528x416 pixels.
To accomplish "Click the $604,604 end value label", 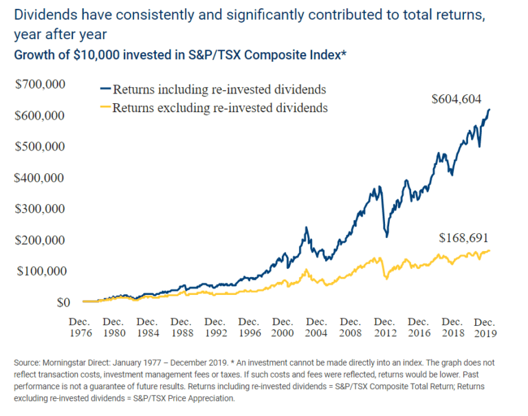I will (461, 99).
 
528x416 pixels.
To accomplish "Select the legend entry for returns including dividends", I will (219, 89).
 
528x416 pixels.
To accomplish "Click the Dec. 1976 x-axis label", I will (80, 327).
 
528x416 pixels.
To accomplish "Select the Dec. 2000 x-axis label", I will (283, 327).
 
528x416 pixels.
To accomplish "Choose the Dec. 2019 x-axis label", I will (485, 327).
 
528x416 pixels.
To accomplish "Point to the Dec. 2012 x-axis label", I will (384, 327).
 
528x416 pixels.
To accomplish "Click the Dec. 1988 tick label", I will (181, 327).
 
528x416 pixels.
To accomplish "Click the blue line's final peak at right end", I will (489, 110).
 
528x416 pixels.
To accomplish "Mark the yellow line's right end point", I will (490, 251).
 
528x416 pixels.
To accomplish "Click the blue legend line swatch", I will (105, 89).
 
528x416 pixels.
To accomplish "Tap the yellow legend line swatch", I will (105, 107).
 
